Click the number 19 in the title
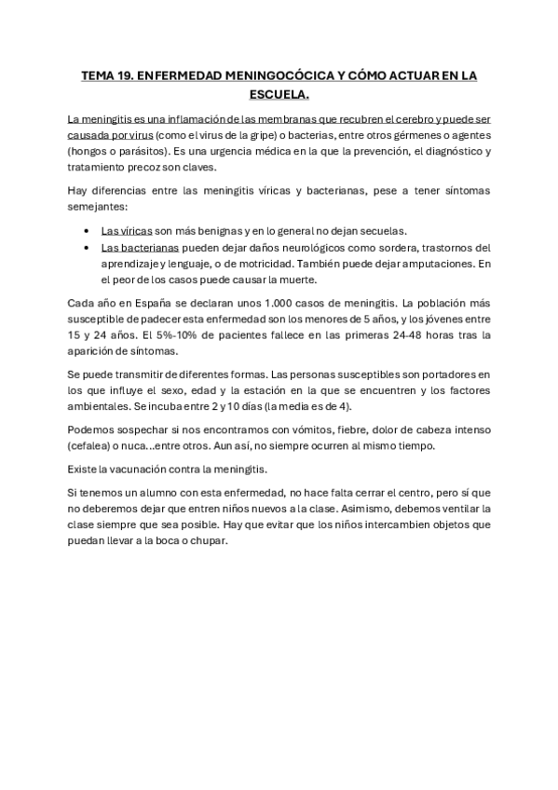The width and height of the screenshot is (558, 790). click(x=125, y=76)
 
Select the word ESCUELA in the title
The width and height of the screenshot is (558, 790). click(x=279, y=95)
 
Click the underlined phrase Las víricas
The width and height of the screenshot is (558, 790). click(x=123, y=230)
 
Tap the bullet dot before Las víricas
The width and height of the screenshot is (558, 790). click(x=87, y=231)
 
